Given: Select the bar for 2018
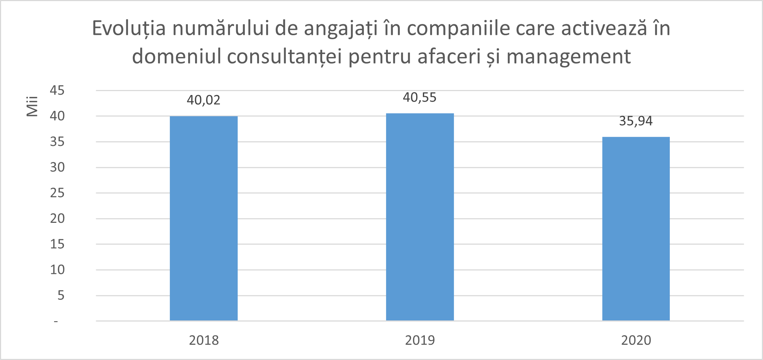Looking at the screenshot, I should (x=204, y=218).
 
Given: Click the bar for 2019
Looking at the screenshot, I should (x=420, y=217).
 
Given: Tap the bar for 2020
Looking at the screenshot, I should (x=636, y=229).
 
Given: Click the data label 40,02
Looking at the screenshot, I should (x=204, y=100).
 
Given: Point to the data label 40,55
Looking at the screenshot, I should (x=420, y=98).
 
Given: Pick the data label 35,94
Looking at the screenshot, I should (x=636, y=121).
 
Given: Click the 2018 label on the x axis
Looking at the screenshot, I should (x=204, y=340).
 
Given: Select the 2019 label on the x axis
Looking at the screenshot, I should (x=420, y=340).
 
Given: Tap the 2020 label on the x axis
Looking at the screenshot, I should (x=636, y=340).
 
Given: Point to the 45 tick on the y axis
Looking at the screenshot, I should (x=57, y=90).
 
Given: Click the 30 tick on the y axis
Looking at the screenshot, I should (x=57, y=167).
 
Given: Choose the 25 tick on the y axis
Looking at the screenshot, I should (x=57, y=193).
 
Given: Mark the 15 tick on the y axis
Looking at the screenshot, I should (x=57, y=244).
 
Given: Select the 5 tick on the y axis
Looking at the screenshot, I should (x=61, y=295).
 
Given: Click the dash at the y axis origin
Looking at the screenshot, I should (x=56, y=321).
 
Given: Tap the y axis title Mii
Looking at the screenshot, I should (x=32, y=106).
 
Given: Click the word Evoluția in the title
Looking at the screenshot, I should (x=129, y=29).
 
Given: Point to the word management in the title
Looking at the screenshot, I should (x=569, y=57).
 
